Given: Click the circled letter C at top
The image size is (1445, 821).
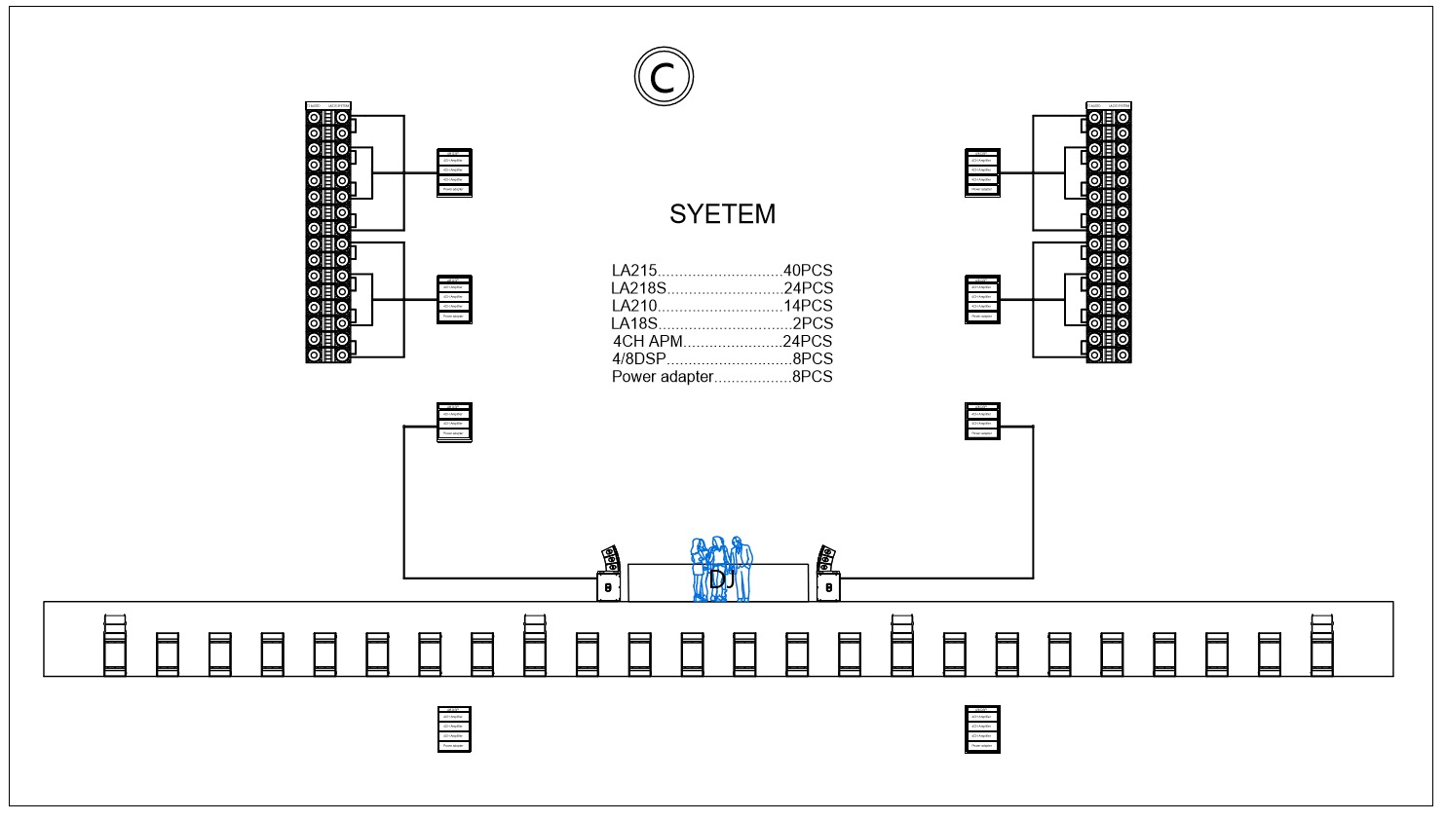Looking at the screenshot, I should pyautogui.click(x=664, y=76).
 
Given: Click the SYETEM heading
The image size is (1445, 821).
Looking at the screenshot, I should pyautogui.click(x=722, y=214).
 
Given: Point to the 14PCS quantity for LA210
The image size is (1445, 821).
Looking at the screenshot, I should pyautogui.click(x=808, y=306).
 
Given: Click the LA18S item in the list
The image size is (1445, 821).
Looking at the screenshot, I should pyautogui.click(x=634, y=323).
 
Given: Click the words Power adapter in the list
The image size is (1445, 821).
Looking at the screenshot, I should pyautogui.click(x=663, y=377).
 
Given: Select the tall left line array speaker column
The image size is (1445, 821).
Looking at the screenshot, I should pyautogui.click(x=328, y=234).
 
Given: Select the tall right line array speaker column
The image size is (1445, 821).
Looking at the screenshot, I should pyautogui.click(x=1109, y=234).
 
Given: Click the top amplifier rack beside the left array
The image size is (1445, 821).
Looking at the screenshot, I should pyautogui.click(x=454, y=173).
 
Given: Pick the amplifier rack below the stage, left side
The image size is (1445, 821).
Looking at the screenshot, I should pyautogui.click(x=454, y=729).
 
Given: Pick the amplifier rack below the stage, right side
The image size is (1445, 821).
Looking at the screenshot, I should pyautogui.click(x=982, y=729).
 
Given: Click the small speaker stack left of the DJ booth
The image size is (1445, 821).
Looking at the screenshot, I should pyautogui.click(x=610, y=575).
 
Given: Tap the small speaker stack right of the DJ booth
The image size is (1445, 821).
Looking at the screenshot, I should pyautogui.click(x=827, y=575).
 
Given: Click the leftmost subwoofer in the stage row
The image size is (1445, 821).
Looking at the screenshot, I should pyautogui.click(x=115, y=646).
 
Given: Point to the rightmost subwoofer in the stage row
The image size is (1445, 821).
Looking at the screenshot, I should pyautogui.click(x=1321, y=646).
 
